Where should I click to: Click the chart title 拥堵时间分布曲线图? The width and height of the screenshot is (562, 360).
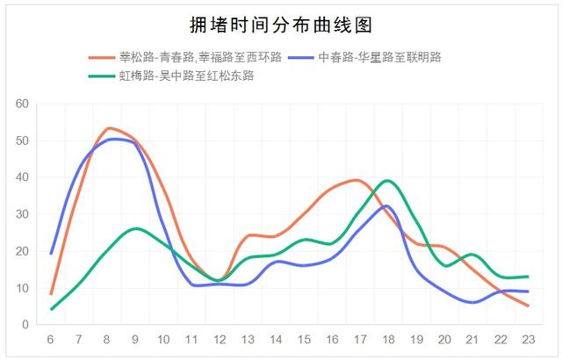pyautogui.click(x=281, y=25)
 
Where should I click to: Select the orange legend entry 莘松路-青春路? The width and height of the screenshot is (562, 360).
pyautogui.click(x=185, y=57)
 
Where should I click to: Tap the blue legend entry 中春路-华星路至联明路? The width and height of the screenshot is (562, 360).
pyautogui.click(x=365, y=57)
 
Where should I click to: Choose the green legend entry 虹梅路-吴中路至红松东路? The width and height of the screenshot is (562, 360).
pyautogui.click(x=171, y=76)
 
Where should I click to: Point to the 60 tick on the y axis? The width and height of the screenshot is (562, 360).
pyautogui.click(x=22, y=104)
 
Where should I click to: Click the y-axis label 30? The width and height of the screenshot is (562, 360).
pyautogui.click(x=22, y=214)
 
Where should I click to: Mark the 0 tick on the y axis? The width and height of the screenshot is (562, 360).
pyautogui.click(x=25, y=325)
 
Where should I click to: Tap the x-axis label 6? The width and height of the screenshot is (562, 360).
pyautogui.click(x=50, y=339)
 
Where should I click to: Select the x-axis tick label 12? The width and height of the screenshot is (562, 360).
pyautogui.click(x=220, y=339)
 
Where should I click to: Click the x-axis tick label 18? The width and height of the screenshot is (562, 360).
pyautogui.click(x=388, y=339)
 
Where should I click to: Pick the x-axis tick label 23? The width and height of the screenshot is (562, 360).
pyautogui.click(x=529, y=339)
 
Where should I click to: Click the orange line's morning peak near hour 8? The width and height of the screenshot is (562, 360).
pyautogui.click(x=109, y=128)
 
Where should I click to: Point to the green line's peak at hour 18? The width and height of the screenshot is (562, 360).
pyautogui.click(x=387, y=180)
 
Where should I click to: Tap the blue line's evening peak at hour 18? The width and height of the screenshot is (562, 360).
pyautogui.click(x=386, y=206)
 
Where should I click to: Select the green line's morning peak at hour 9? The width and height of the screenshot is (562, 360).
pyautogui.click(x=137, y=228)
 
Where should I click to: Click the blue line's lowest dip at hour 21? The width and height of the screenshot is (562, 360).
pyautogui.click(x=473, y=302)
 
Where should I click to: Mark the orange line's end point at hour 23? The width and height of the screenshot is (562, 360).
pyautogui.click(x=528, y=306)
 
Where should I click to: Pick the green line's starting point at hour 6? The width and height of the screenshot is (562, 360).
pyautogui.click(x=51, y=309)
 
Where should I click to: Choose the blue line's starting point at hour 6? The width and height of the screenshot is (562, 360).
pyautogui.click(x=51, y=254)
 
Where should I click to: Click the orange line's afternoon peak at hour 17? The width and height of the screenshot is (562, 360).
pyautogui.click(x=357, y=180)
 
